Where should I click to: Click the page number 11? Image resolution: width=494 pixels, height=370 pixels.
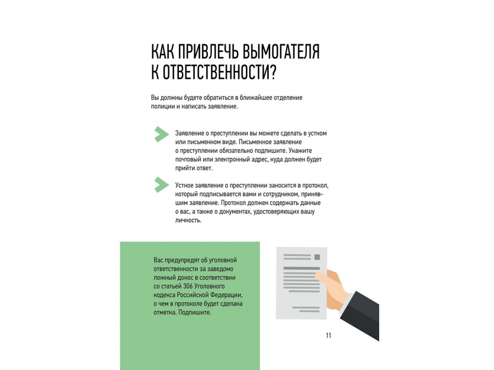pos(328,336)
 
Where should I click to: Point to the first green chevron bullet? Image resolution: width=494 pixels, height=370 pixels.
pos(161,134)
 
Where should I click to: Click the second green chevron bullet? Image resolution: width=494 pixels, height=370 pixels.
pos(161,185)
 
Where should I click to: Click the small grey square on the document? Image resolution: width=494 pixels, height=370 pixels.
pos(317,257)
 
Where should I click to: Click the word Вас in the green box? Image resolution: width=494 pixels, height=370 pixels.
pos(159,260)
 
